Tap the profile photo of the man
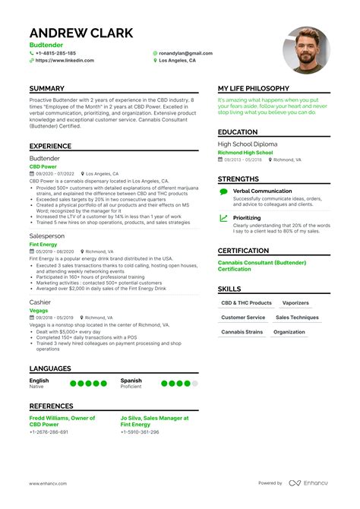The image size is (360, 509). [306, 50]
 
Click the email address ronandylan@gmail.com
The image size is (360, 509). [185, 53]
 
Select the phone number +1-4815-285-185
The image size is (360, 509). [55, 53]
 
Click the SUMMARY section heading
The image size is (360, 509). [47, 89]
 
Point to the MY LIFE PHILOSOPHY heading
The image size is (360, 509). [254, 89]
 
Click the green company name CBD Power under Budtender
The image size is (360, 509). [43, 166]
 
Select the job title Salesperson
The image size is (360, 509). [47, 236]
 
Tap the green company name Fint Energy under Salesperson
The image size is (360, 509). [45, 244]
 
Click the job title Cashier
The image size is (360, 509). [40, 302]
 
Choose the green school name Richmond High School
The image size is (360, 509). [245, 152]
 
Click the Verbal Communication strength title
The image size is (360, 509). [262, 191]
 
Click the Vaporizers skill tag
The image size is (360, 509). [295, 302]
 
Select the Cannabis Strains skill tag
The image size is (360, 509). [242, 332]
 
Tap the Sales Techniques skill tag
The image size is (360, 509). [297, 318]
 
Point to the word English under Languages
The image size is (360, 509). [39, 380]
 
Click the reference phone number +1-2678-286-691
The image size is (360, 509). [49, 432]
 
